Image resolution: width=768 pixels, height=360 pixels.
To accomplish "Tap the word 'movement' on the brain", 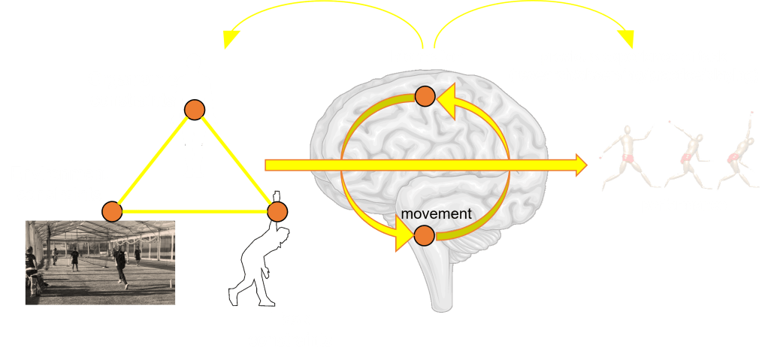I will coord(436,214).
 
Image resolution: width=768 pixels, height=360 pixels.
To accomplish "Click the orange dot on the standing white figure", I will coord(195,110).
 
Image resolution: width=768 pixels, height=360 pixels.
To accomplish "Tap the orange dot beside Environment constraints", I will coord(112,211).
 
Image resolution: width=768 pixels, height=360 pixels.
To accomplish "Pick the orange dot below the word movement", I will coord(424,235).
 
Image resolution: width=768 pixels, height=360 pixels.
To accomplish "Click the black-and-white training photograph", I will coord(100,262).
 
